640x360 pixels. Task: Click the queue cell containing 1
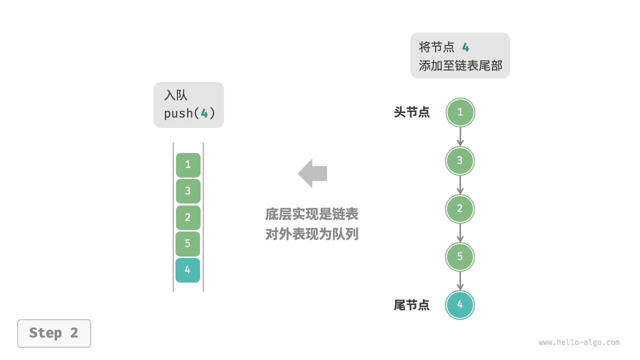point(188,165)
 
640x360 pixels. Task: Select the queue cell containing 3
point(188,191)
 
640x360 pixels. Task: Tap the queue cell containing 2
point(188,217)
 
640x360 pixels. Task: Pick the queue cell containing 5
point(188,243)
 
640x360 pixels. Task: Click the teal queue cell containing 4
point(188,270)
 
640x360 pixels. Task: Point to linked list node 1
point(460,112)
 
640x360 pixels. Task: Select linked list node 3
point(460,161)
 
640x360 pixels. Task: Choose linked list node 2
point(460,209)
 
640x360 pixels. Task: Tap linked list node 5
point(460,257)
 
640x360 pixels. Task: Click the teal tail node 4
point(460,305)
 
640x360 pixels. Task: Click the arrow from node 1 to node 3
point(460,136)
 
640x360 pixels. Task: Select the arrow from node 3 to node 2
point(460,185)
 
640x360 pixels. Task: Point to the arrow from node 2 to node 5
point(460,233)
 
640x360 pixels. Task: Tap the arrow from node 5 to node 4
point(460,281)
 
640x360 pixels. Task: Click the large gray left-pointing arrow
point(312,173)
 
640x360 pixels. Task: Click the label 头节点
point(412,112)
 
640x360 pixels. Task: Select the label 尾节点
point(412,305)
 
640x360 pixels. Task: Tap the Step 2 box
point(54,333)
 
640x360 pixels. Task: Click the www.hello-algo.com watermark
point(579,342)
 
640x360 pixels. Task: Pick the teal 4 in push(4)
point(204,113)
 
